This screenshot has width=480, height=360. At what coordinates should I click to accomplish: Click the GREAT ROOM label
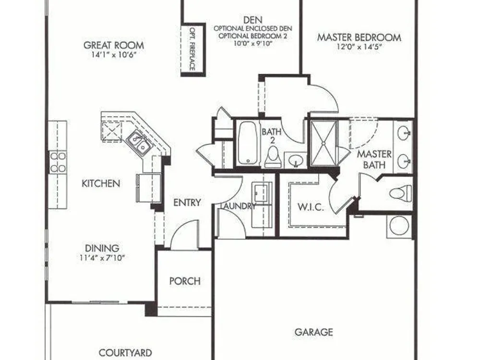click(114, 45)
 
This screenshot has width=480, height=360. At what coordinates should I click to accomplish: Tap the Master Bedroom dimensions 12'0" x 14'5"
click(359, 47)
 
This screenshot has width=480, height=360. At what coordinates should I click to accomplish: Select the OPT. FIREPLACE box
click(193, 49)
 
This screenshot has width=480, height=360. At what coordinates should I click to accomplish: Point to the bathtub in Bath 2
click(247, 143)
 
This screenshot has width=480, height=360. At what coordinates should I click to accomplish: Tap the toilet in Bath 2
click(273, 157)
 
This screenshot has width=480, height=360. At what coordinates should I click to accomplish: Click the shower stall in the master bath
click(324, 143)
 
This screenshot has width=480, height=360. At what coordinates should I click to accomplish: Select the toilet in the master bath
click(401, 193)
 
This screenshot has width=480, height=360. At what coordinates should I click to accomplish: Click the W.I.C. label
click(311, 207)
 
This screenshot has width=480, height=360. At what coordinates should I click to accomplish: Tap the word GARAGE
click(313, 332)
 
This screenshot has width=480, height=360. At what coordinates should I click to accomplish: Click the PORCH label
click(185, 281)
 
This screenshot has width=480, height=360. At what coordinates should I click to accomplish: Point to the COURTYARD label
click(125, 353)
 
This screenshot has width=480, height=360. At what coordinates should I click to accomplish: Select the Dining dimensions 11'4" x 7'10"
click(102, 258)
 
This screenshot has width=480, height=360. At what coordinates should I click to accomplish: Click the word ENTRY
click(187, 203)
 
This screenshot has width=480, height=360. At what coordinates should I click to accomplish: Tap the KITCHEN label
click(101, 183)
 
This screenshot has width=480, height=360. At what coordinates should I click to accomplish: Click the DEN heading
click(253, 20)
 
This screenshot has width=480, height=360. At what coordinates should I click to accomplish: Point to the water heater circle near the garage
click(400, 226)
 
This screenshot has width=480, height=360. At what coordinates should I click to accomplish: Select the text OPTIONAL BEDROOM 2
click(252, 36)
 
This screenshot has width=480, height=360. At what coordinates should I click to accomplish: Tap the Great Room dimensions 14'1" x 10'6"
click(114, 55)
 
